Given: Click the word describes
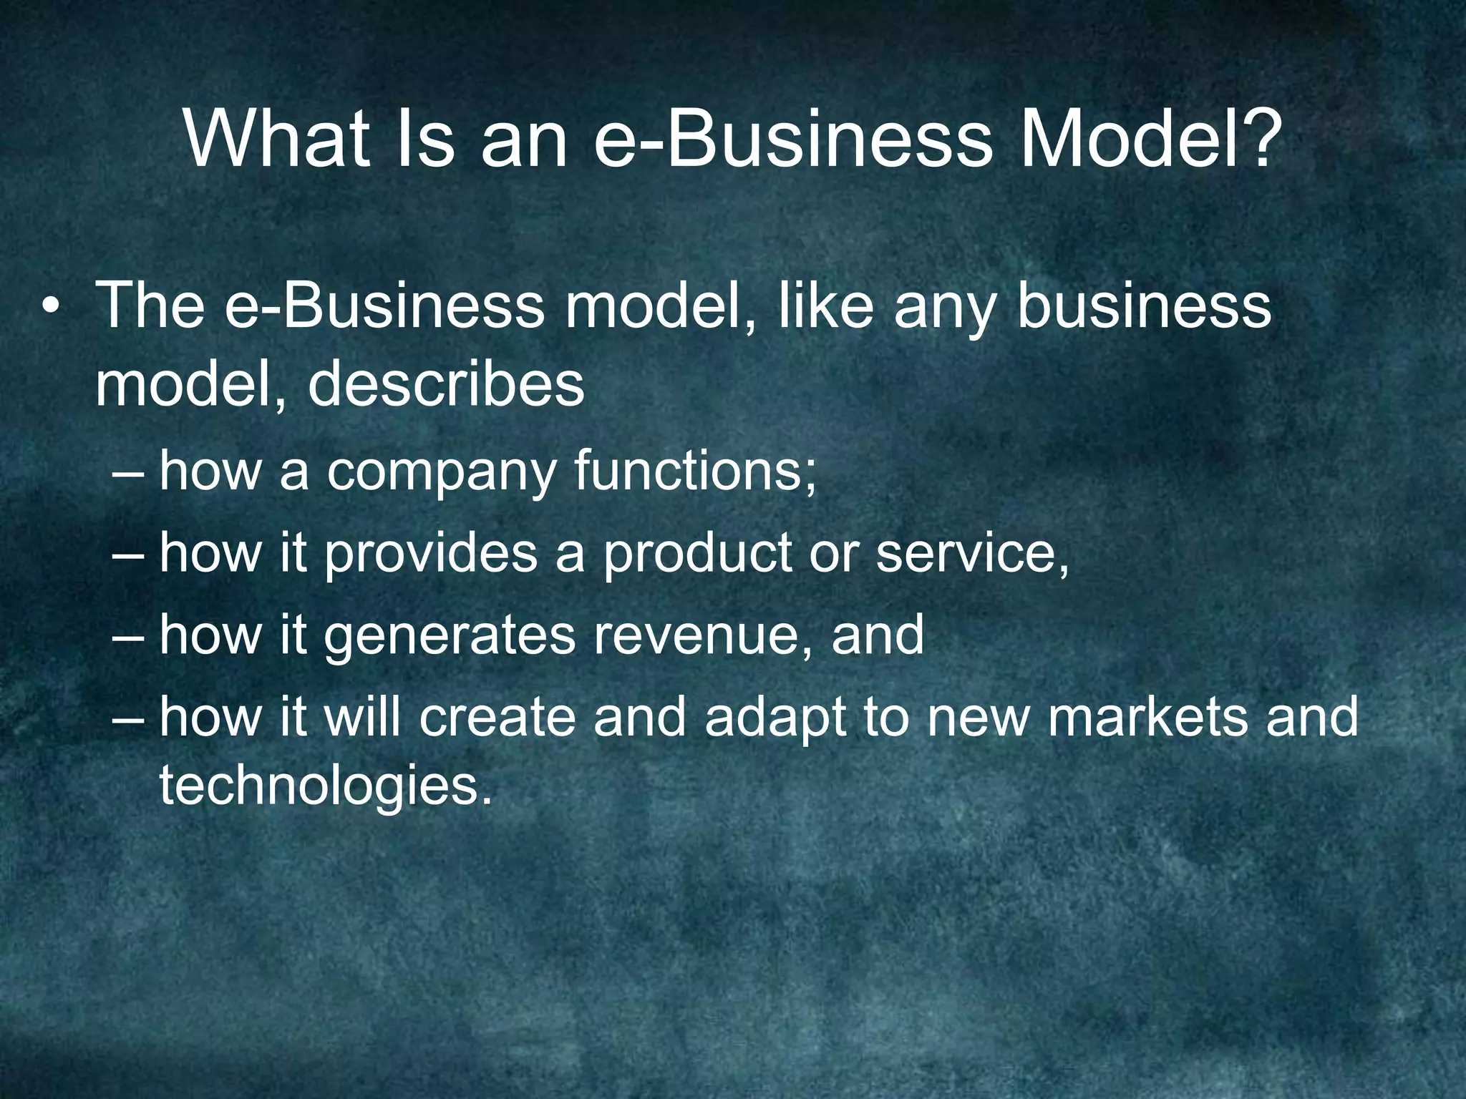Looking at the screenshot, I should coord(446,385).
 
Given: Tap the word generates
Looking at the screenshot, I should coord(450,636).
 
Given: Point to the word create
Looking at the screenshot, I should coord(497,717).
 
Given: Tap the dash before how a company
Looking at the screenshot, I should coord(129,474).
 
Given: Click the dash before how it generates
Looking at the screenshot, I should coord(129,636).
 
